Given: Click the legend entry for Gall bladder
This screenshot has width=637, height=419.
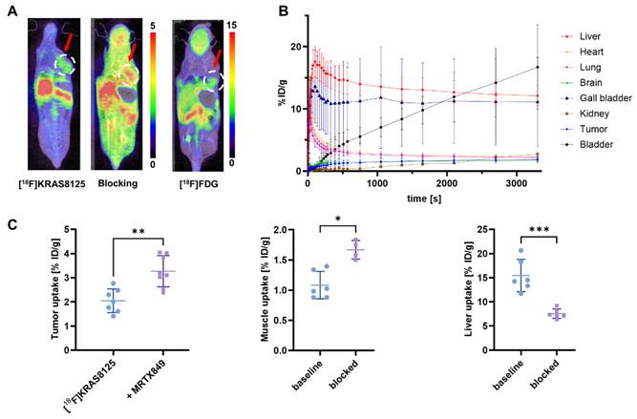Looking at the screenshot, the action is (x=596, y=98).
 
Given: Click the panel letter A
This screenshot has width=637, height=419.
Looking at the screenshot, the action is (x=12, y=10).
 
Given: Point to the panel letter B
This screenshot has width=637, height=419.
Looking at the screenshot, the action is (x=283, y=10).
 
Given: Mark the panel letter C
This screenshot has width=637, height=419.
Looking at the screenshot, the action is (x=13, y=224).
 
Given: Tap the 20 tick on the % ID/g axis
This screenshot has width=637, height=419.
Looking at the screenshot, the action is (x=297, y=47).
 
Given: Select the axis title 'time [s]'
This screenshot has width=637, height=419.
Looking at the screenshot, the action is (x=424, y=199).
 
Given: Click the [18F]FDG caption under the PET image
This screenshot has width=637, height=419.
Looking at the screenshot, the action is (x=199, y=184).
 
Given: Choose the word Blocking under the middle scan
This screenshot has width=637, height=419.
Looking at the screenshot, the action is (x=117, y=183).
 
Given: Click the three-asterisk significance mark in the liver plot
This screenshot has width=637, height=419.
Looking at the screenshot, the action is (x=539, y=230).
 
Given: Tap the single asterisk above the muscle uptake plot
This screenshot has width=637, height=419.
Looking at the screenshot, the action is (x=338, y=220).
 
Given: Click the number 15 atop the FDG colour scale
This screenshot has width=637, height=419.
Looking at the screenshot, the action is (x=231, y=26).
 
